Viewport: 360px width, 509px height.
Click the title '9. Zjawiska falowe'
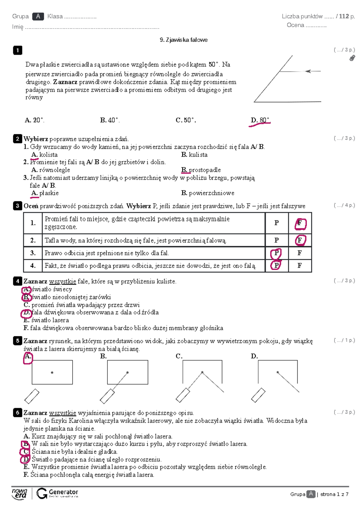[184, 40]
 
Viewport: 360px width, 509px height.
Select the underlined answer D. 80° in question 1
[260, 120]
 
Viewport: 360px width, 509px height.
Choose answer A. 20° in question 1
[34, 120]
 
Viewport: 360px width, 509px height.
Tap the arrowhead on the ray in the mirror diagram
[308, 71]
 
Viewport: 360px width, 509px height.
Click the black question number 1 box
[18, 50]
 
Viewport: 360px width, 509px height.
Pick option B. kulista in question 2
[194, 155]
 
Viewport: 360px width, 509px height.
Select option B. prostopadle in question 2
[201, 170]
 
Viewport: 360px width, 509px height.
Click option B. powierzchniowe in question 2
[208, 193]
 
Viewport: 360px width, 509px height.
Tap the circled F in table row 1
[300, 223]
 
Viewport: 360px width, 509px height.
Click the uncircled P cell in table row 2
[277, 240]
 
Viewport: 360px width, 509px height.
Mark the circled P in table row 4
[276, 266]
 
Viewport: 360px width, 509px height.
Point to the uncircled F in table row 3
[299, 253]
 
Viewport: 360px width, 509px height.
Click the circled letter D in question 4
[26, 313]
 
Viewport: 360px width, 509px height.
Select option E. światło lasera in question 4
[46, 320]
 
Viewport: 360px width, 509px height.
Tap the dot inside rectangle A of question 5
[52, 373]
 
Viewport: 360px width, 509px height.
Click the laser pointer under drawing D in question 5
[258, 395]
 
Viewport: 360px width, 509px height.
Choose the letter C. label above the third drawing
[179, 356]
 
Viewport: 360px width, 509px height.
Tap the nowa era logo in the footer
[19, 493]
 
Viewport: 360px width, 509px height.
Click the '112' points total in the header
[344, 16]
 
